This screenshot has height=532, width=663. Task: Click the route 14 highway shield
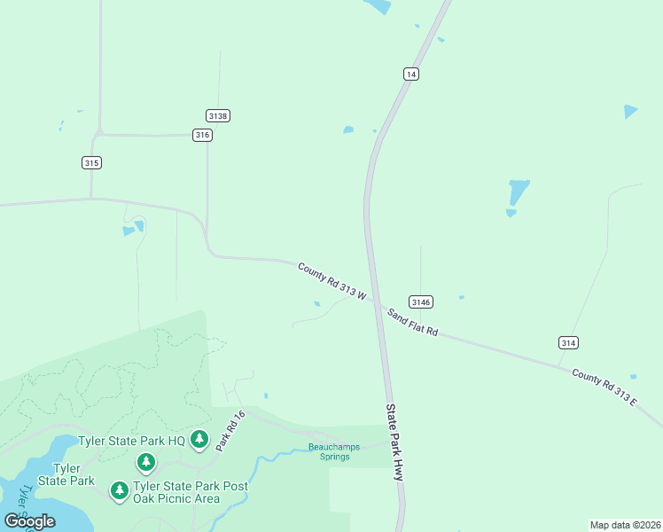[409, 74]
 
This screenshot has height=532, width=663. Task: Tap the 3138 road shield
[218, 116]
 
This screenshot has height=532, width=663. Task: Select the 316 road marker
[203, 135]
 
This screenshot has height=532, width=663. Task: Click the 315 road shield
[91, 162]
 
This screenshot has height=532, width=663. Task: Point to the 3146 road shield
[421, 302]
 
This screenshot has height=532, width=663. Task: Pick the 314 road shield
[569, 342]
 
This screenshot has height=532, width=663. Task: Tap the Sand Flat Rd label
[412, 321]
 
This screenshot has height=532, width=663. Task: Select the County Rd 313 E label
[604, 387]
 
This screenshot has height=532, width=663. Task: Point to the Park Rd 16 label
[228, 431]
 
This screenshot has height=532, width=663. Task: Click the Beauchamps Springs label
[334, 451]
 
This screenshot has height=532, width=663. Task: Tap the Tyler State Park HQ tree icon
[200, 440]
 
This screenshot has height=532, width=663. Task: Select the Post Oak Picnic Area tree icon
[120, 490]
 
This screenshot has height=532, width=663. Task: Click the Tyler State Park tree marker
[146, 462]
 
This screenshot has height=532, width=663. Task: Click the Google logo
[29, 521]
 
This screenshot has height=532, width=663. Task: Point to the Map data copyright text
[625, 525]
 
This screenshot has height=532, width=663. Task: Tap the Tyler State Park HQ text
[131, 441]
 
